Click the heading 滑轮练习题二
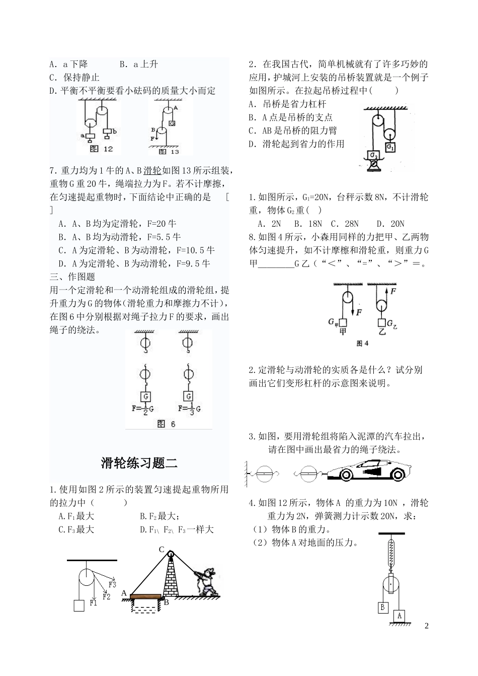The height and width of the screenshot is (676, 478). (x=139, y=462)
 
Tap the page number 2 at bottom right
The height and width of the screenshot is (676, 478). (x=427, y=626)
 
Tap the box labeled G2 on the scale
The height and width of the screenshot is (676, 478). (x=374, y=156)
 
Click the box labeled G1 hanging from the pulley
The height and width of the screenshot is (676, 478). (x=390, y=147)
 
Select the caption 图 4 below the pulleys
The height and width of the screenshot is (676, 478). (x=362, y=344)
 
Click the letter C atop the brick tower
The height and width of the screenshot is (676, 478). (x=162, y=550)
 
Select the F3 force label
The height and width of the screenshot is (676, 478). (x=112, y=585)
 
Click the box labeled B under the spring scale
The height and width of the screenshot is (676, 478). (x=383, y=607)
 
